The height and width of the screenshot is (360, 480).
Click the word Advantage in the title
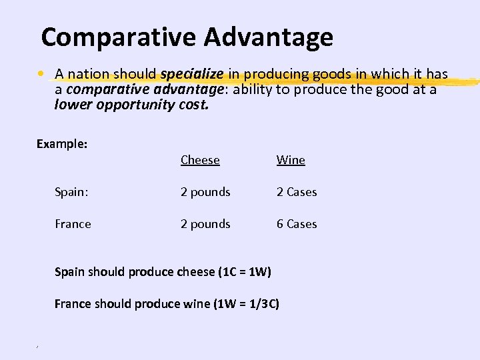(x=269, y=37)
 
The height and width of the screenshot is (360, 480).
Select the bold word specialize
(x=193, y=73)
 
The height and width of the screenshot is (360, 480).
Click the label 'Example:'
(x=62, y=144)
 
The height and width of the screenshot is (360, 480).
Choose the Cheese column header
(x=200, y=160)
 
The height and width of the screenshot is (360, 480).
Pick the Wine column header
(x=291, y=160)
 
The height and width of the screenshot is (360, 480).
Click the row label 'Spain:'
(x=71, y=192)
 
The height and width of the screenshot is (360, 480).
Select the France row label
(x=73, y=224)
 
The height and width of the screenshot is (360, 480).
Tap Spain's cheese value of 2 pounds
(x=205, y=192)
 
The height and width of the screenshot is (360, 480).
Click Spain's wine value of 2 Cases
(x=297, y=192)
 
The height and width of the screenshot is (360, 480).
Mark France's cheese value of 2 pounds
(x=205, y=224)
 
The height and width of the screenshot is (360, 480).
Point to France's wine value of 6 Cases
(x=297, y=224)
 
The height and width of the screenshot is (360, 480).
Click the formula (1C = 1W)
(x=244, y=272)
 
